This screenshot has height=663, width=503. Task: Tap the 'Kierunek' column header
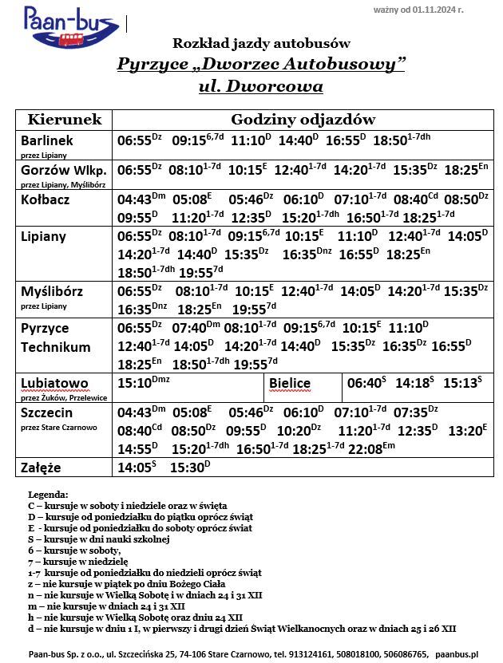click(65, 120)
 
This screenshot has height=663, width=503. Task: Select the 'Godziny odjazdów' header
click(303, 120)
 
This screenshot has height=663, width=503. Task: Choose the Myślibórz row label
click(52, 290)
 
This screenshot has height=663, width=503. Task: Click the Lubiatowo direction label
click(54, 383)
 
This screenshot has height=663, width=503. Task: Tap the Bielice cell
click(289, 384)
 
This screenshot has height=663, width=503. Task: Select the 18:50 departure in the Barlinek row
click(390, 140)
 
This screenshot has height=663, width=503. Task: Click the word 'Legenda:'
click(48, 495)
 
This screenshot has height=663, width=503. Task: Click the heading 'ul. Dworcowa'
click(261, 85)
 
